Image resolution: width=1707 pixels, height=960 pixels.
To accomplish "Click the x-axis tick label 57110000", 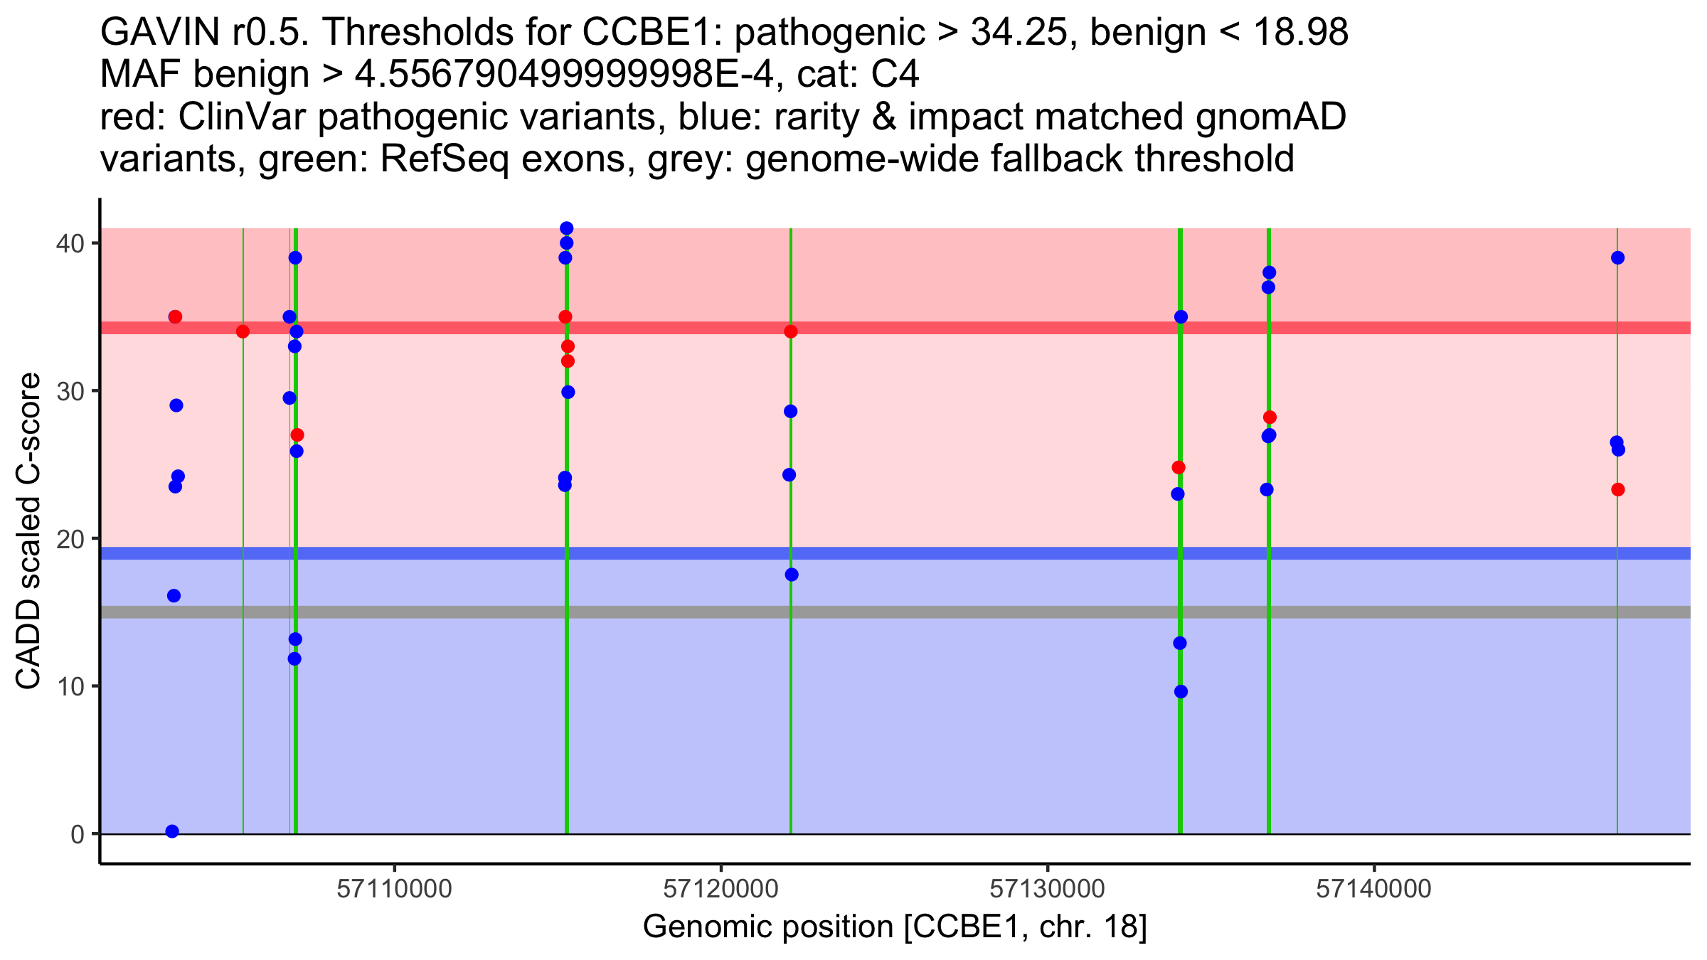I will tap(394, 889).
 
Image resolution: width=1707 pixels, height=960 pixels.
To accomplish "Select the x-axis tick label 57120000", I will tap(720, 889).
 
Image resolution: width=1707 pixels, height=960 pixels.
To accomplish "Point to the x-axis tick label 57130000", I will tap(1047, 889).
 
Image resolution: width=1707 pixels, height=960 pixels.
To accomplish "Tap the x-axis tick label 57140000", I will tap(1373, 889).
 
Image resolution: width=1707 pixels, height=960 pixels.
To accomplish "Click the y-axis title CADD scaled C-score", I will tap(28, 532).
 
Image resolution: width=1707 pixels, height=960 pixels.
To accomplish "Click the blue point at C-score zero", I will tap(172, 831).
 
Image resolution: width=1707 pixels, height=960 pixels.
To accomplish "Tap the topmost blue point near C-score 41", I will tap(567, 228).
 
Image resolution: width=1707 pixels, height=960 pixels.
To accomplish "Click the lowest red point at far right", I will tap(1618, 489).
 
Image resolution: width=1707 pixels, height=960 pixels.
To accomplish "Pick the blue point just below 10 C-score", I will tap(1181, 691).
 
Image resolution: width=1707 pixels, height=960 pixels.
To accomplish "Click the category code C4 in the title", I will tap(895, 75).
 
